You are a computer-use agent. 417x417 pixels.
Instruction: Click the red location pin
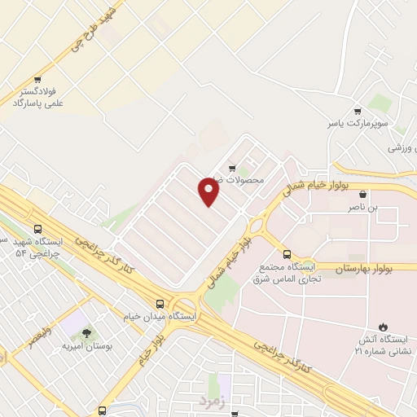point(209,191)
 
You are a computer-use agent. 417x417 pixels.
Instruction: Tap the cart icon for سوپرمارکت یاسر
point(358,111)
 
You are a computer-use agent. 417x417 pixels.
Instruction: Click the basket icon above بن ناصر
point(362,195)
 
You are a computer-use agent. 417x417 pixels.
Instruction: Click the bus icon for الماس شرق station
point(286,254)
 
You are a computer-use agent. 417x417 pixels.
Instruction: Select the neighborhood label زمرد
point(210,401)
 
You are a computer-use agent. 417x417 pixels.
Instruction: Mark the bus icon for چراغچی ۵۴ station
point(38,229)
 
